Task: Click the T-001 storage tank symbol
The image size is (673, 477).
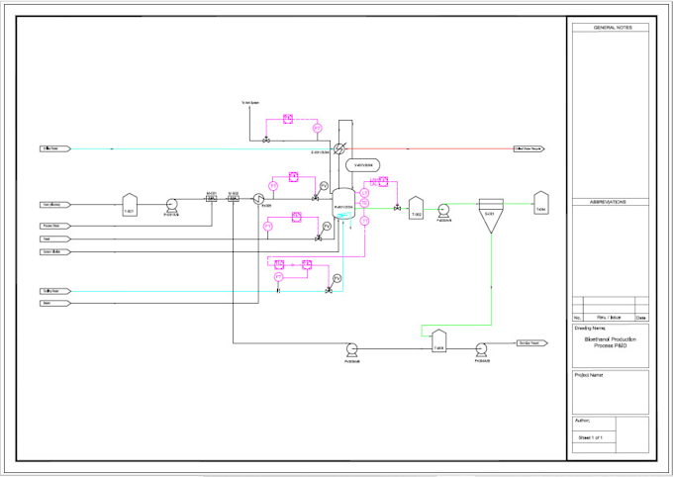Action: coord(129,205)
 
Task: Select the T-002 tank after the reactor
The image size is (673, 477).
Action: coord(417,207)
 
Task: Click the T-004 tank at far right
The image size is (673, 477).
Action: coord(540,202)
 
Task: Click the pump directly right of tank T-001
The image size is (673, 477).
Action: coord(171,205)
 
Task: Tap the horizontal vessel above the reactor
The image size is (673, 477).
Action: coord(362,164)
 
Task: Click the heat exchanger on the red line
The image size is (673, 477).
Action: coord(338,148)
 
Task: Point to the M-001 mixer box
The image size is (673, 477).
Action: coord(211,199)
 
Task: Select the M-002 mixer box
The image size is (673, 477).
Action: coord(234,199)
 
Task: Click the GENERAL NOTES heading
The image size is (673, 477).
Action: coord(611,28)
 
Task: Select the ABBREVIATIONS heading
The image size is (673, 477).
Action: coord(611,201)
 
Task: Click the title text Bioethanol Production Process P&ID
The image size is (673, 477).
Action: coord(611,342)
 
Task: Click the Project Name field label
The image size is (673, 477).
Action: coord(589,376)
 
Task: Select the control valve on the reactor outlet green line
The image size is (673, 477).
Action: coord(397,208)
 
